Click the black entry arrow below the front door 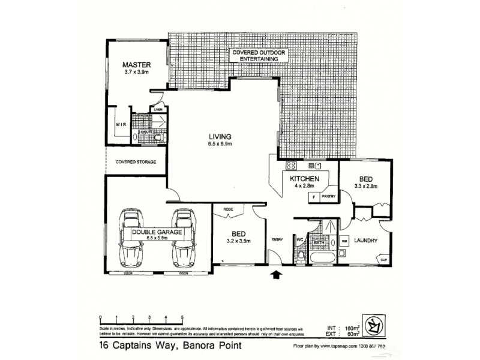coord(276,274)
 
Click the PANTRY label coord(328,196)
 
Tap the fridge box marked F coord(314,196)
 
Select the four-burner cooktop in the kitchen coord(292,166)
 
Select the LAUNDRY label coord(365,241)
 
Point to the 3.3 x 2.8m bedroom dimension coord(365,187)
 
